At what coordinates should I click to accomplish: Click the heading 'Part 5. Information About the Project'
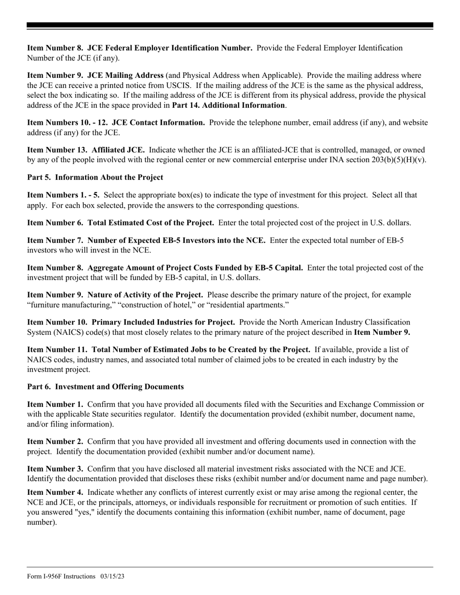[x=95, y=178]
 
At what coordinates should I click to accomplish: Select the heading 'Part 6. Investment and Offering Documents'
[x=105, y=387]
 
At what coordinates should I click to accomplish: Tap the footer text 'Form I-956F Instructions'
[x=61, y=576]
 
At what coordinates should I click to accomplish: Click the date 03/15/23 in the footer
[x=113, y=576]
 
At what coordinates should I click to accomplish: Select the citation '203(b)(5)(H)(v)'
[x=397, y=160]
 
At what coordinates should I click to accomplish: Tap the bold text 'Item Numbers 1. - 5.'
[x=63, y=195]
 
